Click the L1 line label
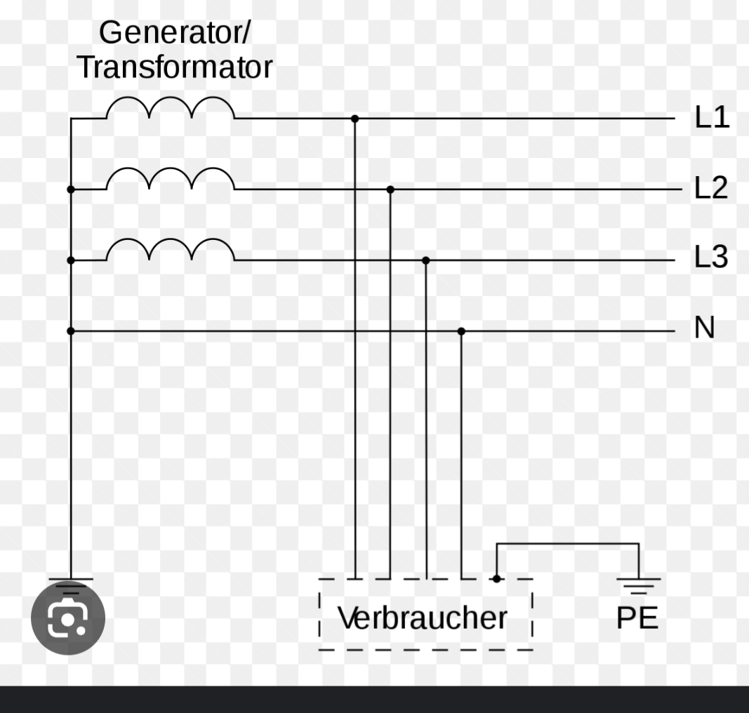coord(711,117)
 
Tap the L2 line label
coord(711,188)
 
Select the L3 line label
coord(711,258)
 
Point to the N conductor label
coord(704,328)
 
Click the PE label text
coord(637,618)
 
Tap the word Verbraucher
coord(422,618)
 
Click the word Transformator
coord(174,67)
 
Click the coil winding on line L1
coord(170,109)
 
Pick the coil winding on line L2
coord(170,180)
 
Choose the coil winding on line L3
coord(170,251)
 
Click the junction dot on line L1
coord(354,119)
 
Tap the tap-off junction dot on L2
coord(390,189)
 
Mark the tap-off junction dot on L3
coord(425,260)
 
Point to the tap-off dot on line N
coord(461,331)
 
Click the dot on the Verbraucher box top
coord(496,579)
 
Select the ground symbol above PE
coord(638,585)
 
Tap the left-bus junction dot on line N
coord(70,331)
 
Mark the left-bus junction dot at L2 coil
coord(70,189)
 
